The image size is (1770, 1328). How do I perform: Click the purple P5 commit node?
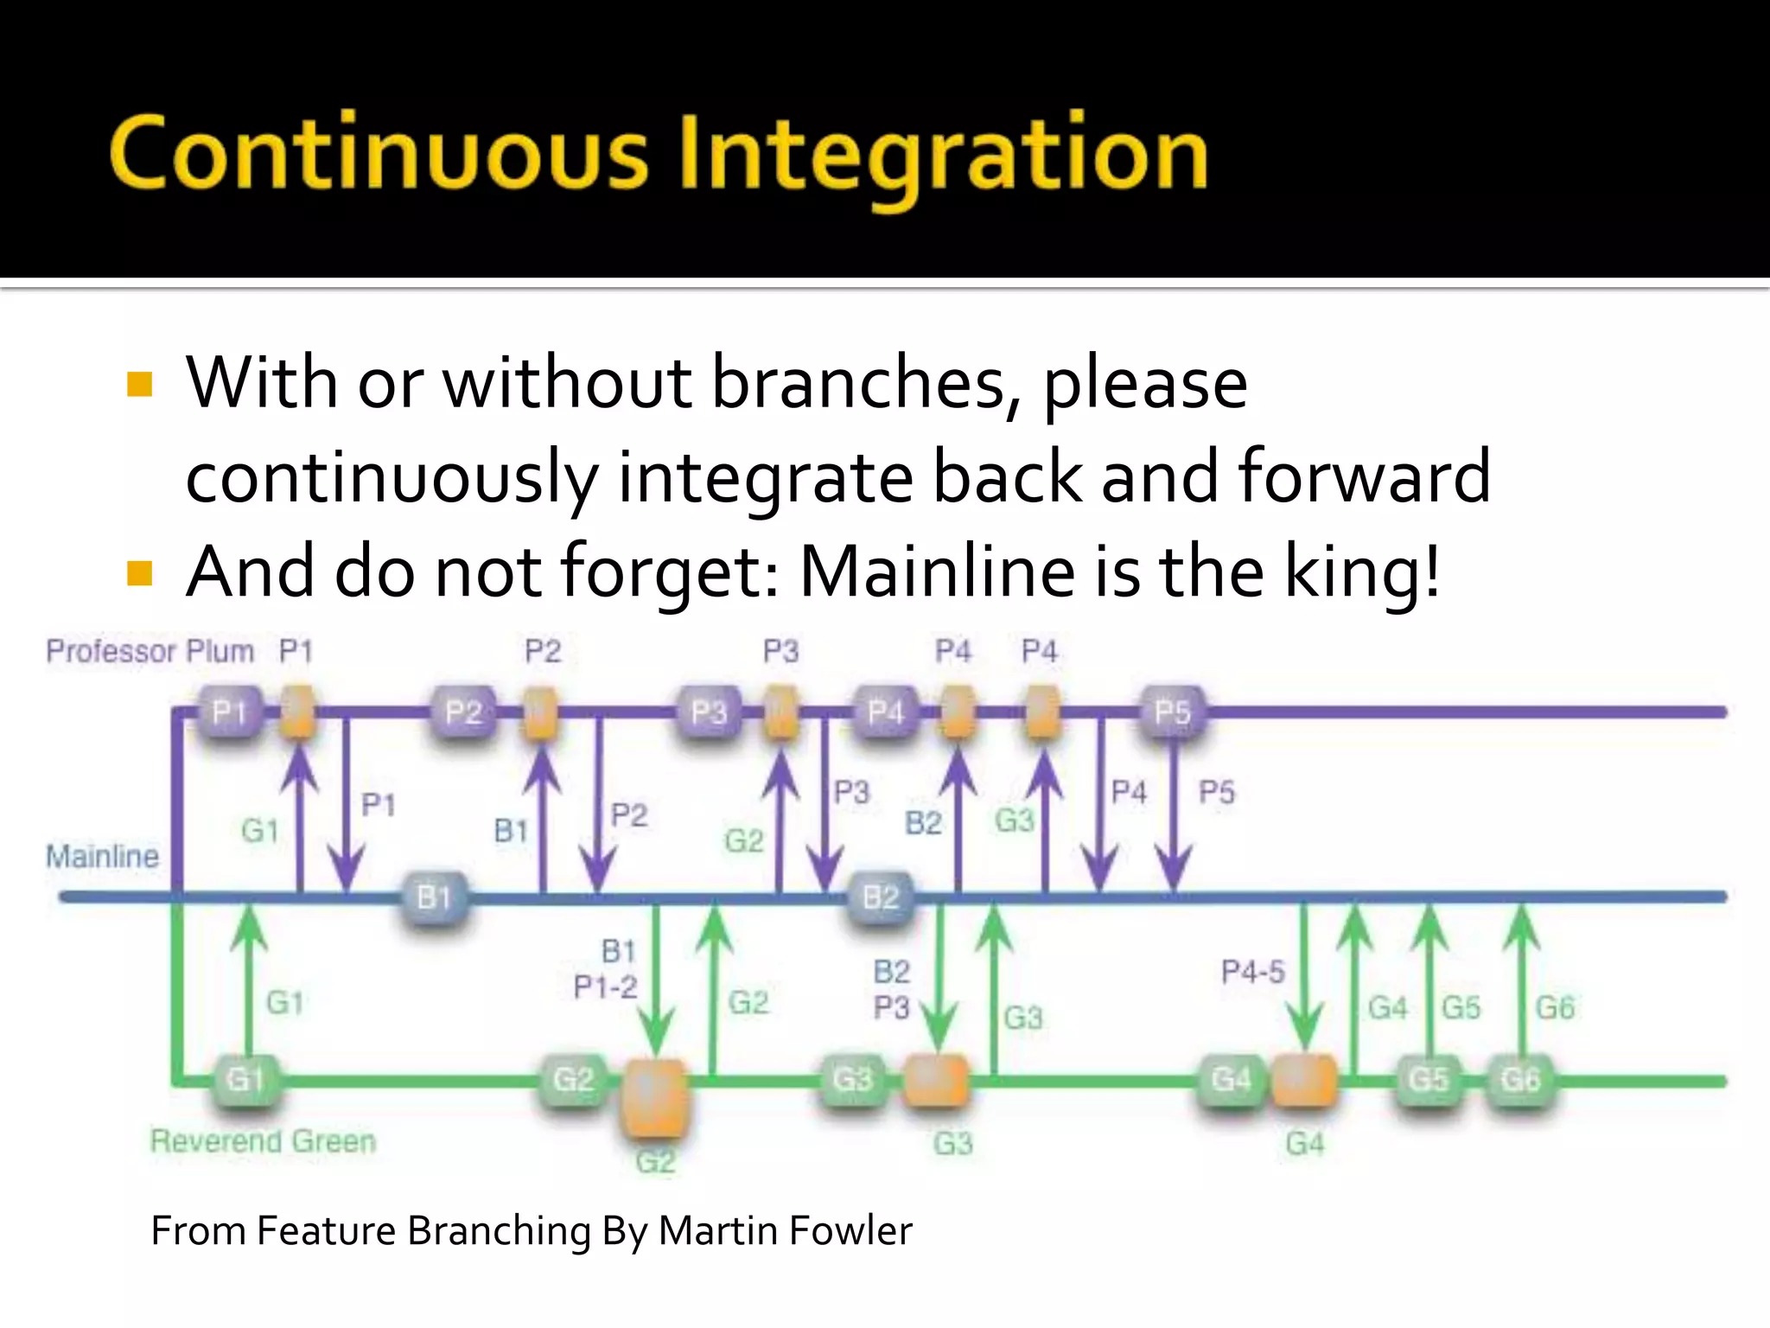point(1172,712)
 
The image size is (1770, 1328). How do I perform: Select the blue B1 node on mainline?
point(434,897)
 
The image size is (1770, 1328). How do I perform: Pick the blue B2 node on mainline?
point(882,897)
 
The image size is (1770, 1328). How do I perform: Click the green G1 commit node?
point(245,1079)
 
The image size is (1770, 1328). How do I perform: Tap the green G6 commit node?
point(1520,1079)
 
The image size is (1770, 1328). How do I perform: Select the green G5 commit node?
point(1429,1079)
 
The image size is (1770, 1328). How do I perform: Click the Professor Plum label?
point(150,651)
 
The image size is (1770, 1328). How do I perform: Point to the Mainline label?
point(102,857)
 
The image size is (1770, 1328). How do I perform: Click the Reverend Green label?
point(263,1141)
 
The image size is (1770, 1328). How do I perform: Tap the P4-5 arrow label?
point(1252,972)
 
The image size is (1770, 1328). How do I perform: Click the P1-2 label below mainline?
point(605,986)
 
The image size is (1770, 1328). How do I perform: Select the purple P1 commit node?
point(229,712)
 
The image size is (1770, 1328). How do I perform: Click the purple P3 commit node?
point(709,712)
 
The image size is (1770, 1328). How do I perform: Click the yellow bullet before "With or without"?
point(139,384)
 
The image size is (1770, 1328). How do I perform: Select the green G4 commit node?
point(1231,1079)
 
